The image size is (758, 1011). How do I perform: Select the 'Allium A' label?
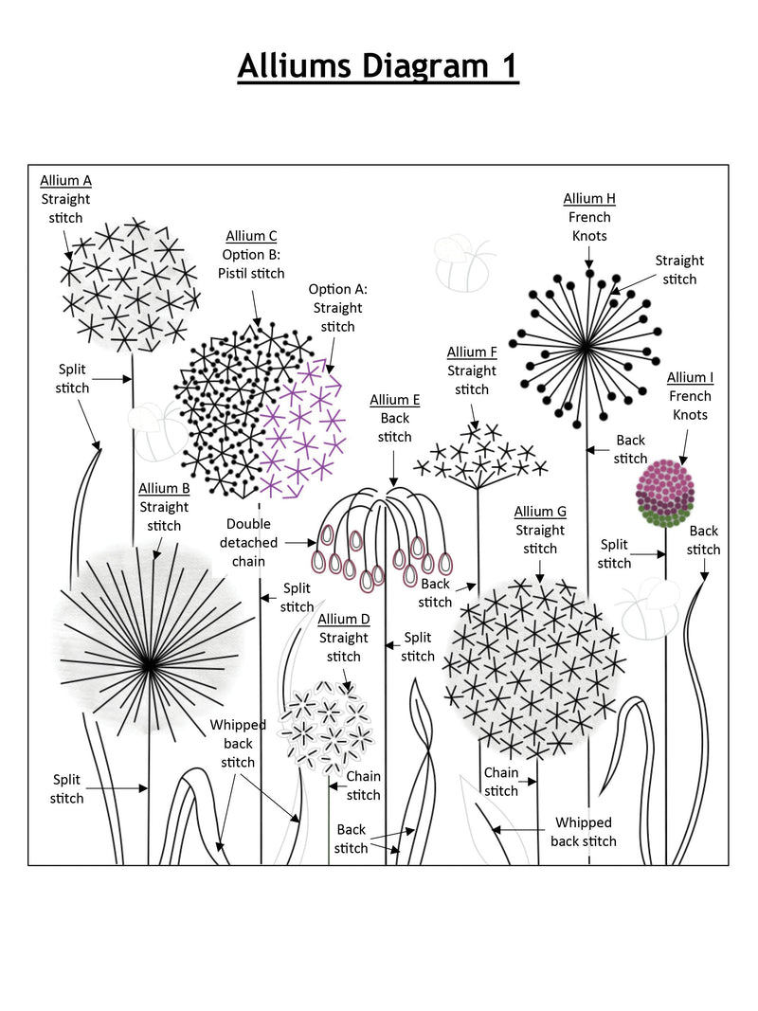[65, 180]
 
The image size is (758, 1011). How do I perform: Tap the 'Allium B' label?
[164, 488]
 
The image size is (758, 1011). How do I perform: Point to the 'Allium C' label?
[251, 236]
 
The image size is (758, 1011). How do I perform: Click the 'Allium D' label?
[343, 619]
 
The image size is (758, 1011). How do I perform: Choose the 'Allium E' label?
[394, 400]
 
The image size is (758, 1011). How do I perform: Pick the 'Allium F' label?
[472, 352]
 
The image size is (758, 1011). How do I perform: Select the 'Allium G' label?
[540, 512]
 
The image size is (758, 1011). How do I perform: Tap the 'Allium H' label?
[589, 198]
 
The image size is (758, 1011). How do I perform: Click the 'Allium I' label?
[690, 377]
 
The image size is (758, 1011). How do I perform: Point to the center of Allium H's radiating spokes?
[586, 348]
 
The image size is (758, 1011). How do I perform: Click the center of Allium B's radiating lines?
[149, 666]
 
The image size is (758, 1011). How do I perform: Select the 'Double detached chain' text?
[248, 543]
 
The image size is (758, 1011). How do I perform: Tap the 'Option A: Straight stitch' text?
[337, 308]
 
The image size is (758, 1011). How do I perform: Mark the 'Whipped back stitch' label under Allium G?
[583, 832]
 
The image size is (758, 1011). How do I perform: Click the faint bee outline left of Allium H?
[462, 262]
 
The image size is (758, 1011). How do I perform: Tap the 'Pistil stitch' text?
[251, 274]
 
